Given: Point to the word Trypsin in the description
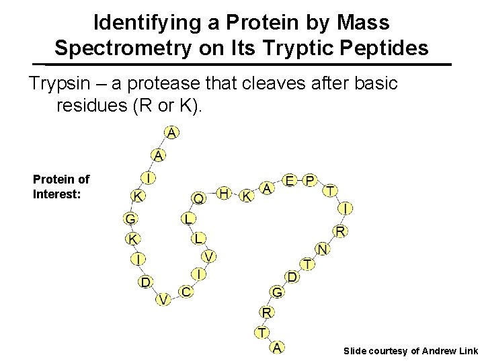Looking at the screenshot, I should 67,84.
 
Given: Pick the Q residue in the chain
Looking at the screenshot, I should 199,198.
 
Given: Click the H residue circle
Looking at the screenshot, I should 225,194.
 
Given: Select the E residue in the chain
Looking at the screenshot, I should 290,181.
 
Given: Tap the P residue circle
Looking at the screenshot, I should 309,181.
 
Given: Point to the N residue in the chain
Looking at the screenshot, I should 322,249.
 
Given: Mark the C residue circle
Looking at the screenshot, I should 186,292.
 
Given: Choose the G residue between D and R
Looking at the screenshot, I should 277,292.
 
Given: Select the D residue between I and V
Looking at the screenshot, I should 145,282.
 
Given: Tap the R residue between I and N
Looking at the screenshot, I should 341,231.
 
